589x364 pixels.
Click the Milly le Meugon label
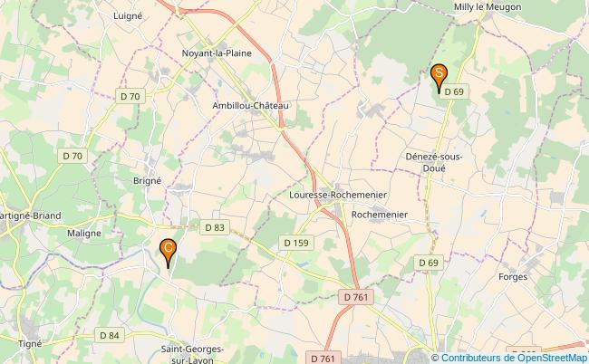(487, 7)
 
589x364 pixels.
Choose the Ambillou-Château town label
(249, 106)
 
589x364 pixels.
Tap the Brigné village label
(147, 180)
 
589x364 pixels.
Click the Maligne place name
(83, 233)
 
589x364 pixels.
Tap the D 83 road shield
(214, 227)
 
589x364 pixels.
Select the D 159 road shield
(296, 243)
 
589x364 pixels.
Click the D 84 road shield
(108, 336)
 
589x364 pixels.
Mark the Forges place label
(513, 279)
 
